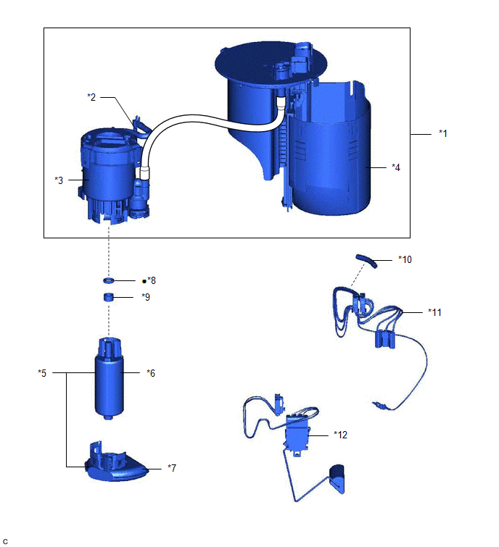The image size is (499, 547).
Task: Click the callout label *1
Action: pos(442,133)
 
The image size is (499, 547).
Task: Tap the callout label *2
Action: pos(91,96)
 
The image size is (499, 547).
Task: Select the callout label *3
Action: pos(59,180)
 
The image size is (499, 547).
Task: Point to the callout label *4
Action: pos(395,167)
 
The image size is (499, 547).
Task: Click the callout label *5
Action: pos(42,373)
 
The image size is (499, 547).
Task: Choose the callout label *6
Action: pos(151,373)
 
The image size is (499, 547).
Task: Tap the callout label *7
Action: pos(172,467)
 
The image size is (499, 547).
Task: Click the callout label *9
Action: pos(146,297)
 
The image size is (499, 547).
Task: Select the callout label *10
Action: pos(405,259)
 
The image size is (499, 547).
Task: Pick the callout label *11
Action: pos(434,312)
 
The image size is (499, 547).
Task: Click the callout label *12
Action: pos(340,435)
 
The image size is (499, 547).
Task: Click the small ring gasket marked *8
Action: pos(109,280)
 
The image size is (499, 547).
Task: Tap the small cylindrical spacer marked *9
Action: pos(109,298)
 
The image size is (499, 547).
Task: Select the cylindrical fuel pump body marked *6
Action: pos(109,378)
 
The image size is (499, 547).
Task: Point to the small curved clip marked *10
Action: pos(366,261)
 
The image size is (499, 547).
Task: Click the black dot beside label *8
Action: pos(144,281)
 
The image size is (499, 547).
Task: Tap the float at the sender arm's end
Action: pos(337,479)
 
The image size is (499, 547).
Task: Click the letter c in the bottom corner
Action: pos(5,541)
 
